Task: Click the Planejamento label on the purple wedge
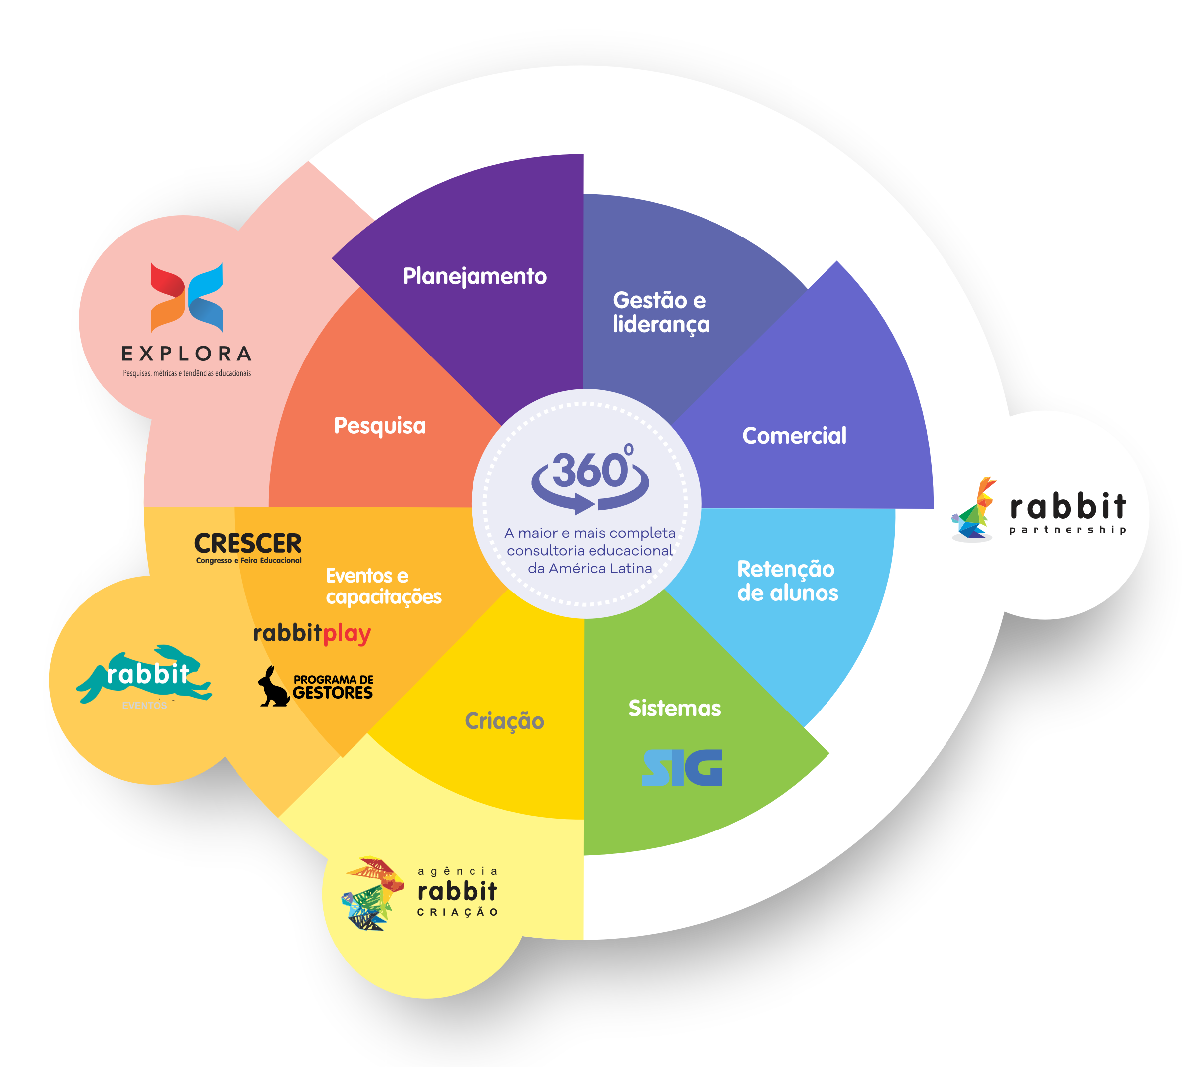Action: [474, 276]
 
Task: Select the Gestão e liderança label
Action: [661, 312]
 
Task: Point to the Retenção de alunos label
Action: [787, 581]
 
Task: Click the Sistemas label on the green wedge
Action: [674, 708]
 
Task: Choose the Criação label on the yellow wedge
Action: [504, 721]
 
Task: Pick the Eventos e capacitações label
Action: [383, 586]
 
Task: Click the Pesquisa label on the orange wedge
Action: [380, 426]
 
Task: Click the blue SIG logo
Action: [682, 767]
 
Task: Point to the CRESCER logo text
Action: [248, 544]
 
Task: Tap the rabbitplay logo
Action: [312, 634]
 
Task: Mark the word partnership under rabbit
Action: [1067, 530]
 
